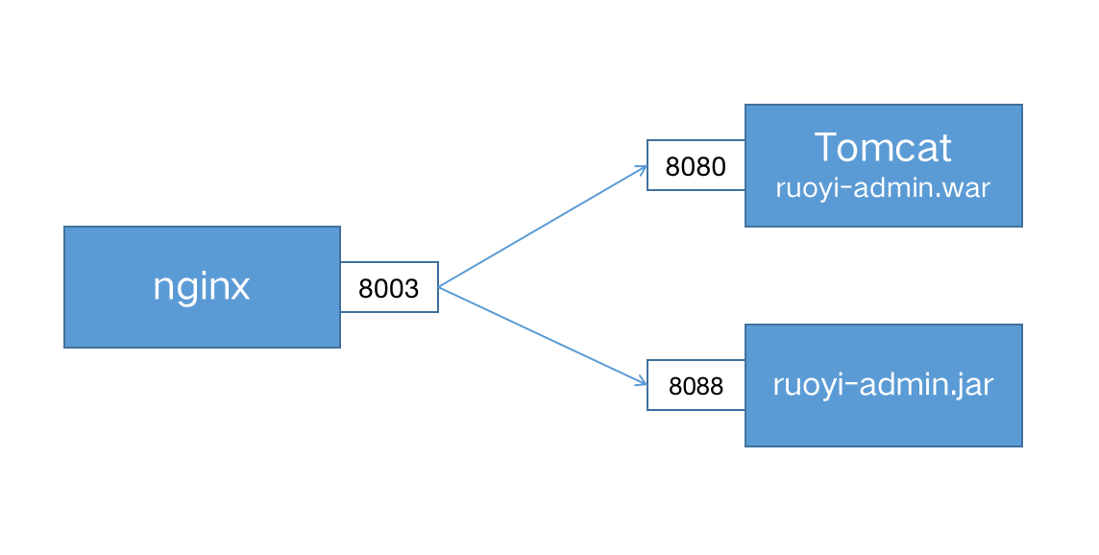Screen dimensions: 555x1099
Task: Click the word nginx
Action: pos(202,287)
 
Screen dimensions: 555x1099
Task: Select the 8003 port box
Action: pos(389,287)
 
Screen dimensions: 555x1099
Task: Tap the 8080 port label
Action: pos(696,166)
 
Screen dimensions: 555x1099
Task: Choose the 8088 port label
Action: pos(696,386)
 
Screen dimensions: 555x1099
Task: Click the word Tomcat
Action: pos(883,148)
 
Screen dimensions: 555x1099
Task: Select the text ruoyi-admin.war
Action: pos(883,187)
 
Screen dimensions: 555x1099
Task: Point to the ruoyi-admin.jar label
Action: pos(883,385)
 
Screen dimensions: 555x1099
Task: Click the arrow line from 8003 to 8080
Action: pos(543,227)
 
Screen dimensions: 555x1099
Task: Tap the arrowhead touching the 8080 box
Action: pos(642,168)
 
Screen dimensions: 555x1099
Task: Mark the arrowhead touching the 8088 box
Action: pos(642,383)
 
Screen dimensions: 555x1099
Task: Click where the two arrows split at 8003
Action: pos(440,287)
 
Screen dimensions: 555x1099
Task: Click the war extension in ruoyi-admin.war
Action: pos(969,187)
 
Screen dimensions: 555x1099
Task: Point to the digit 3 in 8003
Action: pos(412,288)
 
